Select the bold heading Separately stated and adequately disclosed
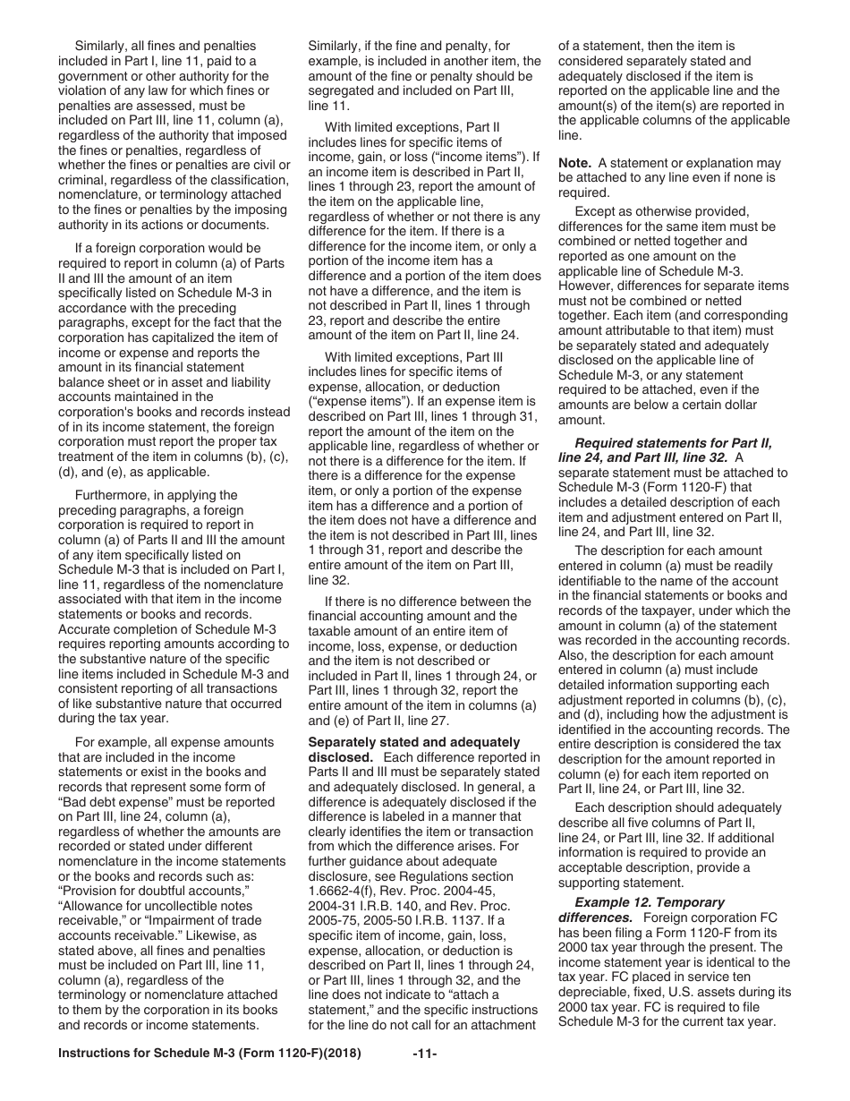tap(413, 750)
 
